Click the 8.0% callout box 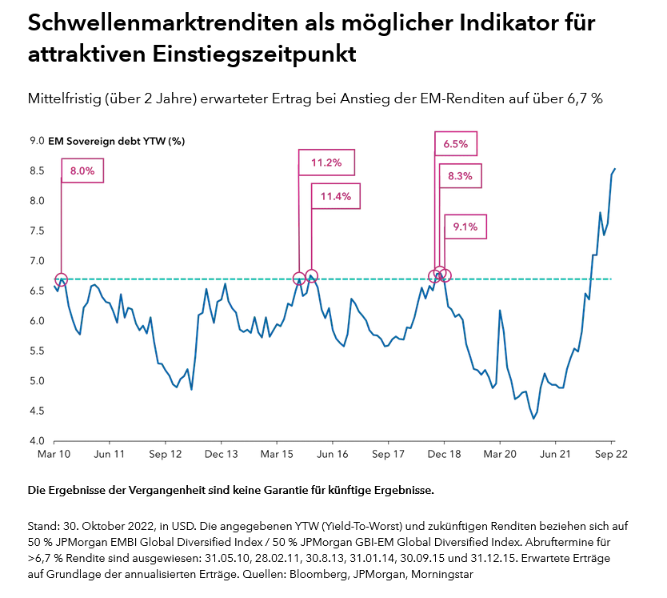tap(82, 171)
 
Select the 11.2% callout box tap(326, 163)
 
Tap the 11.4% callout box tap(336, 195)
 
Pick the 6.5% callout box tap(456, 145)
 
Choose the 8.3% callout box tap(460, 176)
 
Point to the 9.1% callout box tap(465, 227)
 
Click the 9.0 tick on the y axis tap(37, 141)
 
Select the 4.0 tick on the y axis tap(37, 441)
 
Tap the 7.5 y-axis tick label tap(37, 231)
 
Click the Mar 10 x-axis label tap(54, 454)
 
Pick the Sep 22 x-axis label tap(612, 454)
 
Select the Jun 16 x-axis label tap(333, 454)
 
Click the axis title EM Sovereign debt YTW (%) tap(116, 141)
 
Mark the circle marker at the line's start tap(61, 279)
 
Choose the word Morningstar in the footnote tap(465, 573)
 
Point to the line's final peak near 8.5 tap(614, 169)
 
